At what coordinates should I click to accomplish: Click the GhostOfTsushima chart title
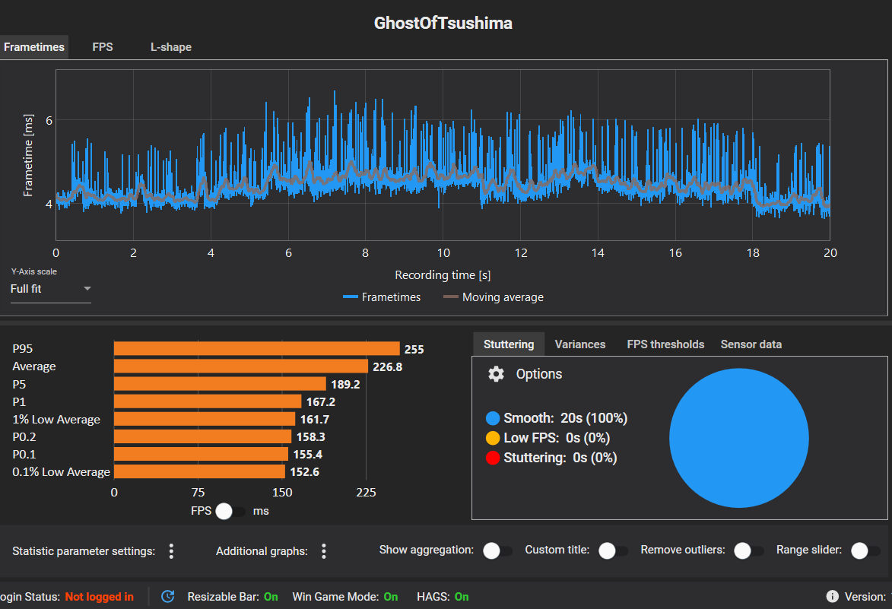pos(443,23)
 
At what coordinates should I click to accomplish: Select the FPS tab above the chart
pos(103,47)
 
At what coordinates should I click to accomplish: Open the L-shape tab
pos(170,47)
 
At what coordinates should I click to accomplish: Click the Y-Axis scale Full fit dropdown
pos(50,289)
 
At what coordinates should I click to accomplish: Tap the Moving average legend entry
pos(494,297)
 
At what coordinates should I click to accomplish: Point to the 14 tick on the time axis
pos(598,253)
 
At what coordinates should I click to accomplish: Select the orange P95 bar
pos(256,348)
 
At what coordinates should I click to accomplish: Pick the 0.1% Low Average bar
pos(199,472)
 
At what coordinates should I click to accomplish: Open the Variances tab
pos(580,344)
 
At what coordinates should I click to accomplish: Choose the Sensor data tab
pos(751,344)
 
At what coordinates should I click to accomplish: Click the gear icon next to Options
pos(496,374)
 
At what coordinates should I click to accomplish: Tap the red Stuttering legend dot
pos(493,458)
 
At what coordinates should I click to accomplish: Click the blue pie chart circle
pos(738,438)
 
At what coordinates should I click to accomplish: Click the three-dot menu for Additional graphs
pos(324,550)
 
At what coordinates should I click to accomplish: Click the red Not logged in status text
pos(99,597)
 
